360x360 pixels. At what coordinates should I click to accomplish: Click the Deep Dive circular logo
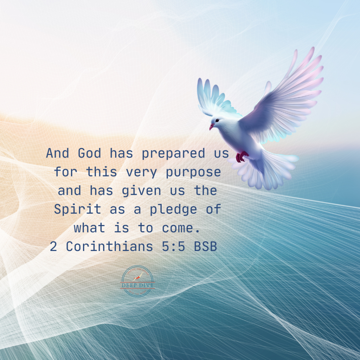(x=137, y=281)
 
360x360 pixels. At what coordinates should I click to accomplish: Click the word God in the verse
(x=89, y=154)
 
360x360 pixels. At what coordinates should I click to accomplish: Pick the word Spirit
(x=78, y=210)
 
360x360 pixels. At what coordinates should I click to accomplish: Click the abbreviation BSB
(x=205, y=247)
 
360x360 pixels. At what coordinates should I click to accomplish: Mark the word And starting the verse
(x=57, y=154)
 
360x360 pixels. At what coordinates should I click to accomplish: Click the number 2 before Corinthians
(x=53, y=247)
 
